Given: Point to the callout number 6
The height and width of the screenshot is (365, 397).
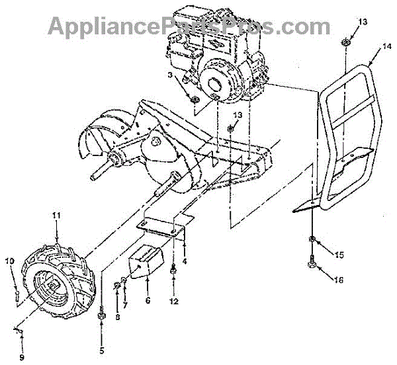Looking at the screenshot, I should coord(185,261).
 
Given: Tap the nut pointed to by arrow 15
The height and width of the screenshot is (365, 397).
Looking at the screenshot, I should coord(311,238).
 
